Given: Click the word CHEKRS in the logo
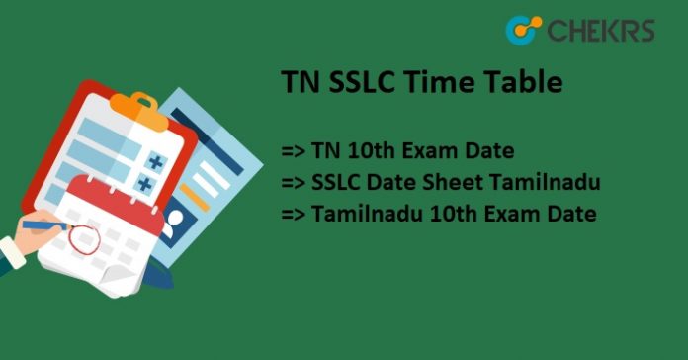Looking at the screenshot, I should coord(599,31).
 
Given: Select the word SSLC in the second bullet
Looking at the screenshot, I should coord(336,182).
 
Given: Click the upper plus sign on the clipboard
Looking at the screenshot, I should coord(154,161).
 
